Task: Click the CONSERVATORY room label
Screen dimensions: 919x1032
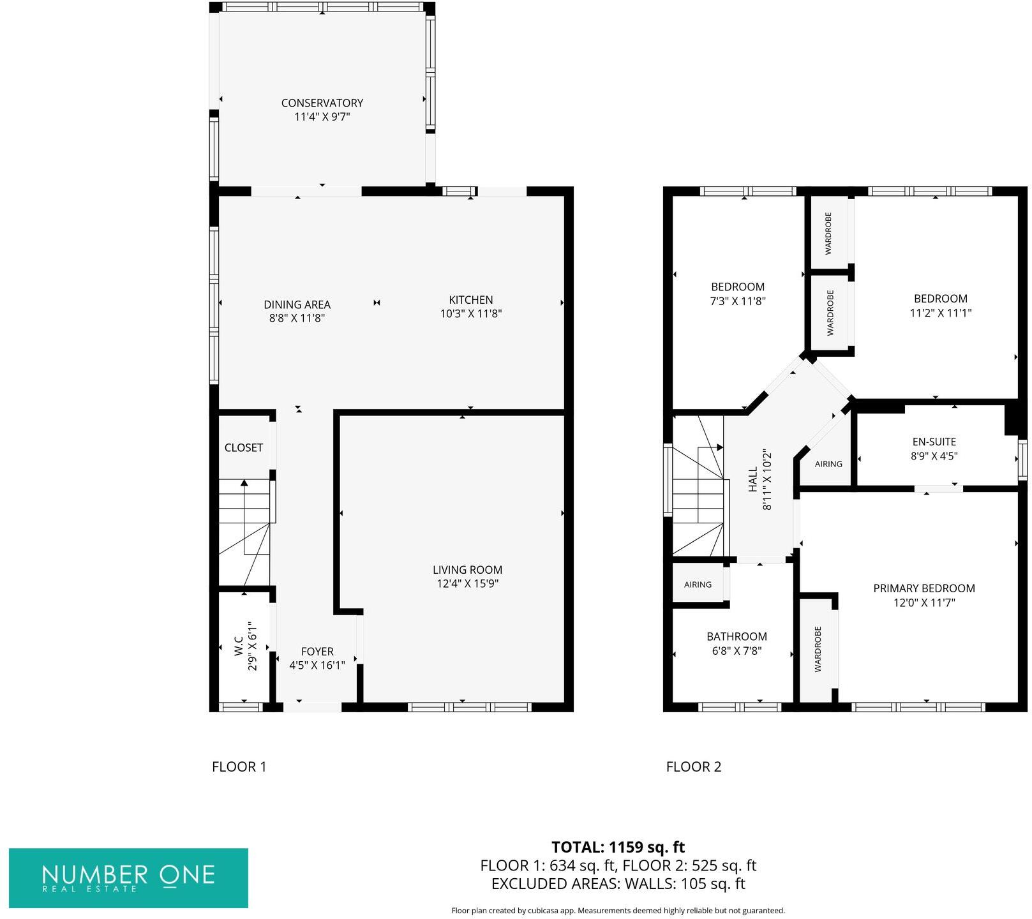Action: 322,103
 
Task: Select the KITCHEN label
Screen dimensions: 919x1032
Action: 470,299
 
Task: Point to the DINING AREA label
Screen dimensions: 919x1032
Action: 297,304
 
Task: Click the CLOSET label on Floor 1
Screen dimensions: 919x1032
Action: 243,447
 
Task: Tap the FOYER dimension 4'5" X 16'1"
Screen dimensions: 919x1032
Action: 317,665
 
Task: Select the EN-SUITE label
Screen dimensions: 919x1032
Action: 934,442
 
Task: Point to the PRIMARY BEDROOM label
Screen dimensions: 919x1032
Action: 924,588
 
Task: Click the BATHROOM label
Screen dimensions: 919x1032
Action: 737,636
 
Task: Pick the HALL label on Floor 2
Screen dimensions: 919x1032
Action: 753,479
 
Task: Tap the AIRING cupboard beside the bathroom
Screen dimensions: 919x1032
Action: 698,585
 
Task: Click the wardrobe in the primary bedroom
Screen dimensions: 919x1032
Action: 818,649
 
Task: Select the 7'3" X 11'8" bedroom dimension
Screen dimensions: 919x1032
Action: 738,301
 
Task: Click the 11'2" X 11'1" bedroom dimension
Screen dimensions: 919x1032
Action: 940,313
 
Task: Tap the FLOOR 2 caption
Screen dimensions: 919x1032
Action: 693,766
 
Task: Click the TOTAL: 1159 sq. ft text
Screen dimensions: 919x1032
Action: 617,847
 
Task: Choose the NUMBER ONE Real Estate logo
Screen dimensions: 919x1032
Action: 128,878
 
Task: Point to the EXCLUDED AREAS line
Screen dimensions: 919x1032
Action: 617,884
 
